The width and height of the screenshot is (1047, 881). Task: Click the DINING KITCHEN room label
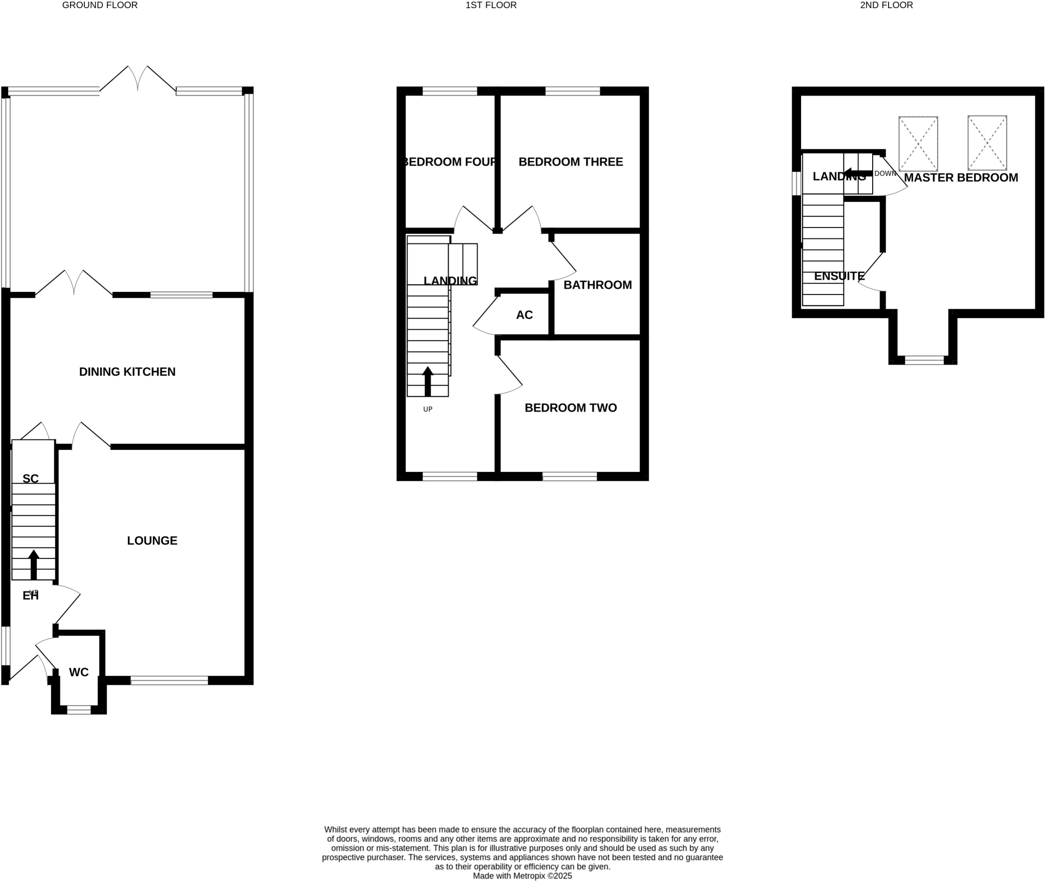tap(127, 372)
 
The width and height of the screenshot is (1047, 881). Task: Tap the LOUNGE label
tap(152, 540)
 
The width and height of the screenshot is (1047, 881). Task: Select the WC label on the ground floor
tap(79, 672)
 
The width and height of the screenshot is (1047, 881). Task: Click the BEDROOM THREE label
tap(571, 162)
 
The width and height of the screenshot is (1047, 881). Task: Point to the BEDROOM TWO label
tap(571, 408)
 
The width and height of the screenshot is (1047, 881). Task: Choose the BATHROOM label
tap(597, 285)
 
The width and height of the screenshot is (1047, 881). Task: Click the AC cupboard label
tap(524, 315)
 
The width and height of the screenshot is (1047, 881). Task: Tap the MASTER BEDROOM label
tap(961, 177)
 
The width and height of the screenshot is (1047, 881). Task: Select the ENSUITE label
tap(839, 276)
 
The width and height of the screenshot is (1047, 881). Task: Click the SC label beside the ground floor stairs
tap(31, 479)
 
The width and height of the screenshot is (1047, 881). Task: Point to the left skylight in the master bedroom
tap(918, 144)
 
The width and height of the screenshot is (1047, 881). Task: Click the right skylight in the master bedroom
tap(987, 143)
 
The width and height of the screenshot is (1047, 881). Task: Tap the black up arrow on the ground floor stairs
tap(34, 564)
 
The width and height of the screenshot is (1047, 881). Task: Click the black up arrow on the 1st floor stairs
tap(428, 381)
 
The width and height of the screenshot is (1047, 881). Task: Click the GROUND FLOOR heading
tap(100, 5)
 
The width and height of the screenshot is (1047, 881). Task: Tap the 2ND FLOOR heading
tap(886, 5)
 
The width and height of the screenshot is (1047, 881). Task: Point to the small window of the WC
tap(79, 710)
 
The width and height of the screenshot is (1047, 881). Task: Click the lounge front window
tap(169, 680)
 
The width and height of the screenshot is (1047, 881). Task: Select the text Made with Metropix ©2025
tap(522, 876)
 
